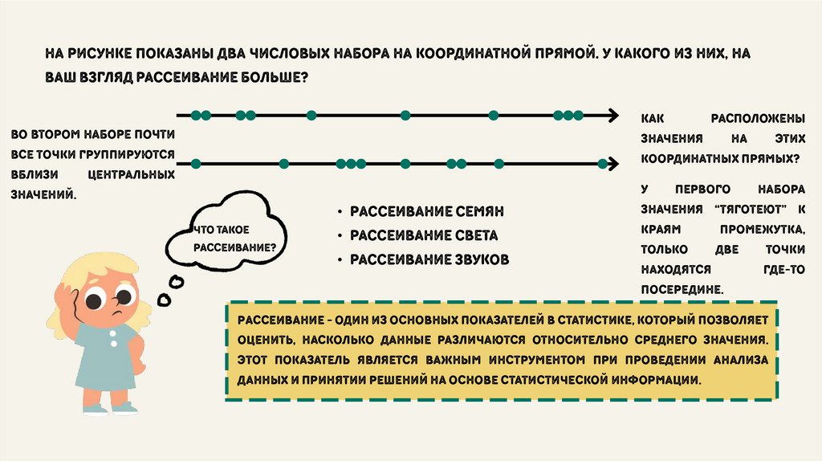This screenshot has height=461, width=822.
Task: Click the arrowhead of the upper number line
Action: tap(613, 116)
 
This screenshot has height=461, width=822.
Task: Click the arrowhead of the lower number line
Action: tap(613, 164)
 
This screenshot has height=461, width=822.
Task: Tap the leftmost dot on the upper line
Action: tap(195, 116)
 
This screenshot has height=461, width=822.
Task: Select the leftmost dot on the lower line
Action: tap(195, 164)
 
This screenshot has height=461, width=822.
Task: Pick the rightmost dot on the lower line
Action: tap(602, 164)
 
